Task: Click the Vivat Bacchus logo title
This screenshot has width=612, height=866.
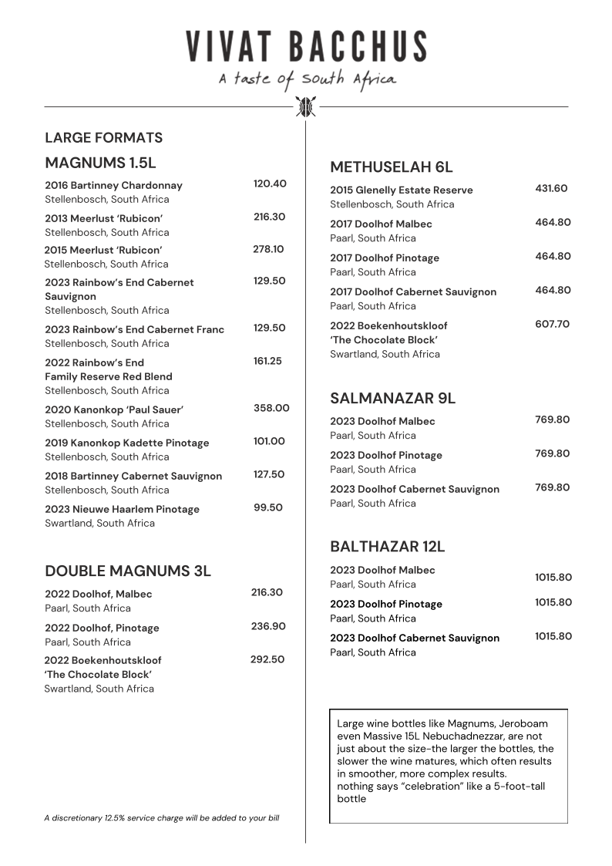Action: tap(306, 46)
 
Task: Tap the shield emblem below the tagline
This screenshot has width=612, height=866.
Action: tap(306, 106)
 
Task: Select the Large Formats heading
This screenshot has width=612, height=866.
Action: tap(103, 138)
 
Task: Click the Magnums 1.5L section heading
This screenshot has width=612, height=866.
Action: tap(100, 163)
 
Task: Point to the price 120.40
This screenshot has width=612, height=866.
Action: tap(270, 184)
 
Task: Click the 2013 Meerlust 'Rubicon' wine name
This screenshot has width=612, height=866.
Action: tap(103, 218)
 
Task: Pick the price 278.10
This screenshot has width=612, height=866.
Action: tap(268, 249)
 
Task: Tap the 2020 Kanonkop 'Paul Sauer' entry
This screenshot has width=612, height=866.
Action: tap(114, 409)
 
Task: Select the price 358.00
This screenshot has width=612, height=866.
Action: tap(271, 408)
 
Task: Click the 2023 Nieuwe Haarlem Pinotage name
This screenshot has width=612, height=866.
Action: tap(122, 509)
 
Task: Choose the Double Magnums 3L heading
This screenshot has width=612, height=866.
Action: tap(128, 571)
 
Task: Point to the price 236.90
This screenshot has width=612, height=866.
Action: tap(268, 626)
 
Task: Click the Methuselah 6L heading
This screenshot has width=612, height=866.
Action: tap(391, 167)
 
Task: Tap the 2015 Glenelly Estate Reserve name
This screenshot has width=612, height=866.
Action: tap(402, 190)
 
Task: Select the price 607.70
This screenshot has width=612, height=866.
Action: tap(553, 324)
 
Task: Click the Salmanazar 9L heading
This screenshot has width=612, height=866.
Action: tap(392, 399)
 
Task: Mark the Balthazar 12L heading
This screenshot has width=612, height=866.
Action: tap(387, 547)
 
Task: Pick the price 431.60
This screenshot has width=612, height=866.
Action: tap(551, 188)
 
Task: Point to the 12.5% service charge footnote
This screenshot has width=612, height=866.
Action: tap(162, 817)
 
